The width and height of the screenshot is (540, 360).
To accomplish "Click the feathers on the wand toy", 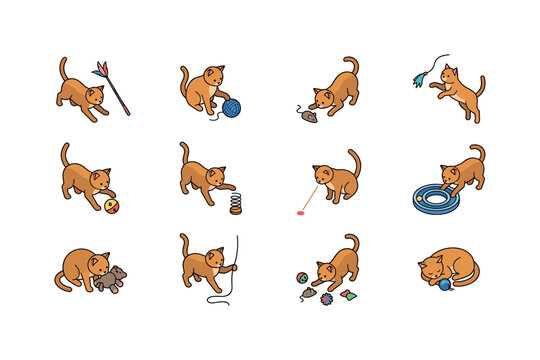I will coord(100,69).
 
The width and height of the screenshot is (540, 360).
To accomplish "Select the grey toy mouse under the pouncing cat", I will coord(307,116).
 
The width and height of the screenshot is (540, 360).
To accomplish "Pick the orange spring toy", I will coord(235,203).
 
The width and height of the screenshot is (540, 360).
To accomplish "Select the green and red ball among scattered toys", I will coord(300,278).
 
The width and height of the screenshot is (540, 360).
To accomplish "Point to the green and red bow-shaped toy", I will coord(346,294).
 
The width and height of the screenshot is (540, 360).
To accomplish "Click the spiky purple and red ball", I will coord(326,296).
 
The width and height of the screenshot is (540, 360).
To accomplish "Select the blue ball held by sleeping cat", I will coord(443,285).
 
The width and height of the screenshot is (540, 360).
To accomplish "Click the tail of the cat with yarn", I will coord(184,76).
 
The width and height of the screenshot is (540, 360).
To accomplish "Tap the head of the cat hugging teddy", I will coord(98,263).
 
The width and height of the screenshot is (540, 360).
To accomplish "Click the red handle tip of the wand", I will coord(127,113).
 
